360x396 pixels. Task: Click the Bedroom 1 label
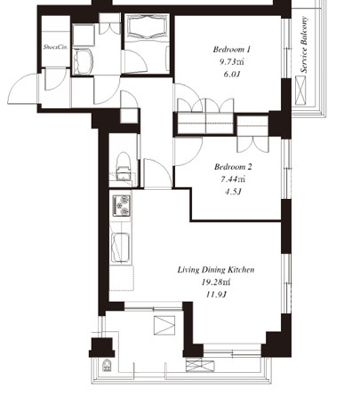(x=232, y=49)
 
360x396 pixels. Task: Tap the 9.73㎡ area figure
(x=232, y=62)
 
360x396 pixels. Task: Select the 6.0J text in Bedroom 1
(x=231, y=74)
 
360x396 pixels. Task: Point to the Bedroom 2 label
(x=233, y=167)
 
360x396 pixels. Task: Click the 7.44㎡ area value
(x=233, y=179)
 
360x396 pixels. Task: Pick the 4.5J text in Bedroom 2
(x=233, y=192)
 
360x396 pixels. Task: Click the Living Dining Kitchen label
(x=216, y=270)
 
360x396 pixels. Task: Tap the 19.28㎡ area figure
(x=216, y=282)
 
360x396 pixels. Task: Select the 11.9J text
(x=216, y=295)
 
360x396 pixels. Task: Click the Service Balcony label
(x=304, y=44)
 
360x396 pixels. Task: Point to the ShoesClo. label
(x=56, y=47)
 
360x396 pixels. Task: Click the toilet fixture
(x=124, y=166)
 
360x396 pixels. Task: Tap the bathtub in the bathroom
(x=147, y=27)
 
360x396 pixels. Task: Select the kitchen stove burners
(x=122, y=205)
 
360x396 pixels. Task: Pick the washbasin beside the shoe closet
(x=83, y=61)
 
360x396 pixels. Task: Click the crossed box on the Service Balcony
(x=300, y=91)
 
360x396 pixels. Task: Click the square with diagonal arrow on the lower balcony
(x=164, y=325)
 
